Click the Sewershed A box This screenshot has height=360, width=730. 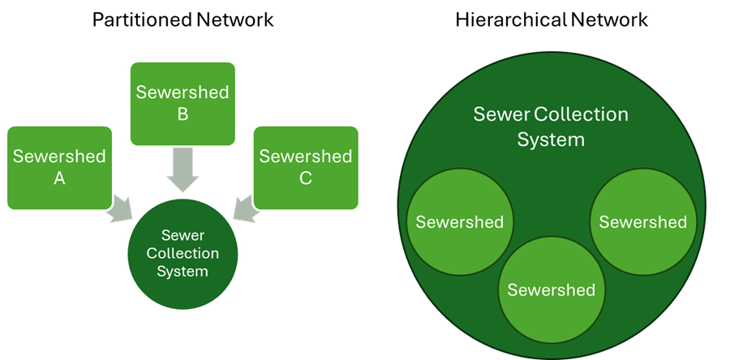click(x=59, y=167)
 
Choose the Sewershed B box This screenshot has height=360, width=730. click(x=182, y=103)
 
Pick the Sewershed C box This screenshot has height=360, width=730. click(x=305, y=167)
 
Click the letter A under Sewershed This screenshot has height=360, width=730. click(x=59, y=179)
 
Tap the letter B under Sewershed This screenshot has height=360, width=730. click(x=182, y=114)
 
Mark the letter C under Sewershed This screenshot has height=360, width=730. click(x=305, y=179)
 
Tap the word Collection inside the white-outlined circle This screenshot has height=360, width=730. click(x=182, y=254)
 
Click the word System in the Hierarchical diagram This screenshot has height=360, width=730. click(x=551, y=139)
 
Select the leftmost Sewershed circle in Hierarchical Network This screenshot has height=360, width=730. click(x=459, y=222)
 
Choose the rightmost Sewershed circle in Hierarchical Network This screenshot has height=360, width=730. click(x=642, y=222)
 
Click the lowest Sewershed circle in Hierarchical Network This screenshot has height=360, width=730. click(x=551, y=289)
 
